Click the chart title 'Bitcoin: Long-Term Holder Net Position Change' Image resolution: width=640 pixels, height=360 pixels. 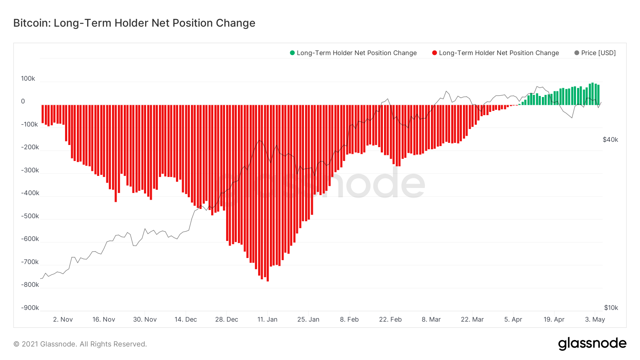(134, 23)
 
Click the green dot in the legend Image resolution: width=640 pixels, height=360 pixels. (292, 53)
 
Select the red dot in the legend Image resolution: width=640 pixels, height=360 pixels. (434, 53)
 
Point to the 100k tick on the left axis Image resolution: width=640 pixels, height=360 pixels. (28, 79)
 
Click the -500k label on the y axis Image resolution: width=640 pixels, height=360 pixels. (30, 216)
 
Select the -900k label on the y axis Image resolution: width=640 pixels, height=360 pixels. (30, 308)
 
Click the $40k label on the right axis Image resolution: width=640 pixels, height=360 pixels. (610, 140)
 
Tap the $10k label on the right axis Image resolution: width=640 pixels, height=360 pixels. (611, 308)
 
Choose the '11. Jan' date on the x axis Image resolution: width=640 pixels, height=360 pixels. (267, 319)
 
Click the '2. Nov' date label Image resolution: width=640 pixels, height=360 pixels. (63, 319)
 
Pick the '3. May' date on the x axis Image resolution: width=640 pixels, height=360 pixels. (595, 319)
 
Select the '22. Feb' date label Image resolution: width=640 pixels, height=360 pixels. (390, 319)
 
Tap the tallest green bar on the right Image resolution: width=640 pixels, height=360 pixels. (592, 94)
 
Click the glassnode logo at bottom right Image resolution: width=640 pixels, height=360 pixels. (592, 344)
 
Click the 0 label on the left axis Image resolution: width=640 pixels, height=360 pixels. (23, 101)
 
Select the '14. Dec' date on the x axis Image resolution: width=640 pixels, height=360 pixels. (186, 319)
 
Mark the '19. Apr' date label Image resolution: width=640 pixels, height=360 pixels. (554, 319)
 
